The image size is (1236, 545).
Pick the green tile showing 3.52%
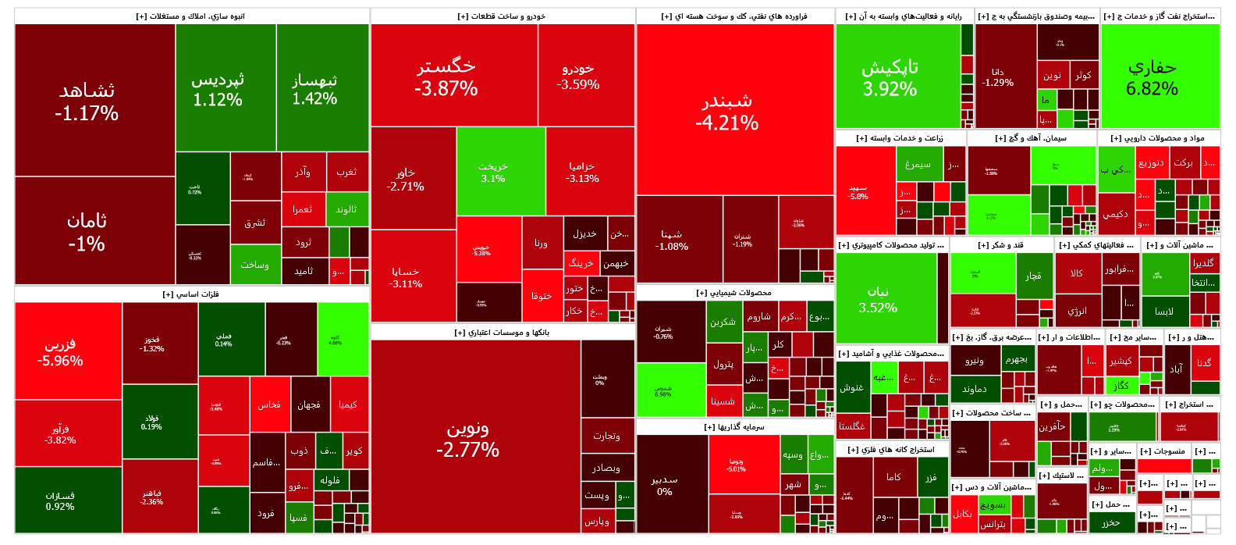click(886, 298)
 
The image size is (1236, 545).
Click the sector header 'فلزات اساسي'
click(191, 294)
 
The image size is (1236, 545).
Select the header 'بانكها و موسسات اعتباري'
click(503, 333)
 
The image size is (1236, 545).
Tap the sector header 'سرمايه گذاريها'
click(735, 427)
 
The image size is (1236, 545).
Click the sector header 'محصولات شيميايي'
click(735, 293)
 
